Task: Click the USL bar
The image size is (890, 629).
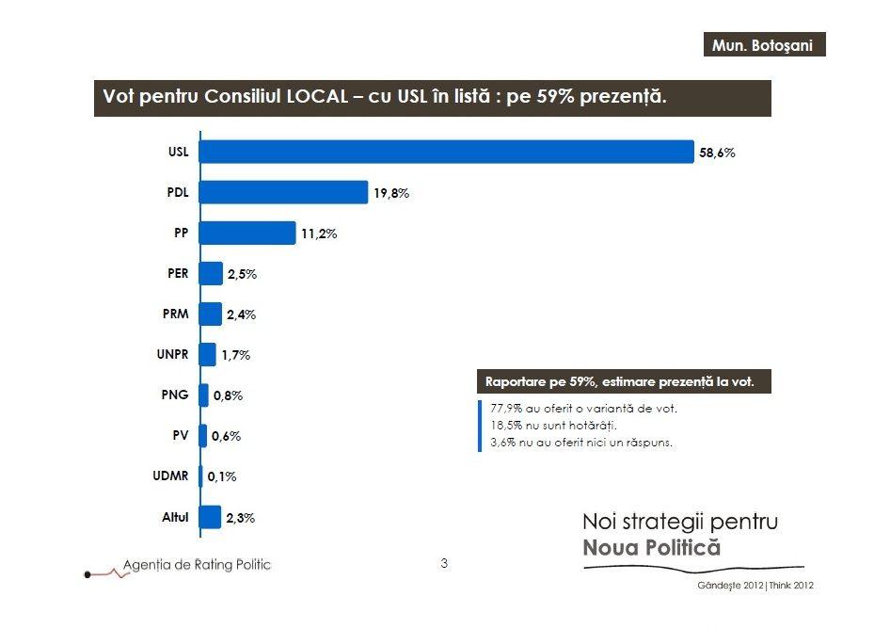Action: click(447, 152)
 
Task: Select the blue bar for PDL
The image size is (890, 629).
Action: click(283, 192)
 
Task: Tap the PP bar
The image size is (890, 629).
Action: click(247, 234)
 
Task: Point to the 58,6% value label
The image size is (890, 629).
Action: click(717, 153)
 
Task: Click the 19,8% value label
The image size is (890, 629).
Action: click(391, 193)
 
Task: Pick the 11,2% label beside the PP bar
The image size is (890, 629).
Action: click(319, 234)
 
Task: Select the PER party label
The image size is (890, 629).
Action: click(177, 274)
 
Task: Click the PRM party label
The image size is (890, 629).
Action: click(176, 314)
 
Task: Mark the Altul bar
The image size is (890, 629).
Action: click(210, 517)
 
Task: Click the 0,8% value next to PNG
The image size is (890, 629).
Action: click(228, 396)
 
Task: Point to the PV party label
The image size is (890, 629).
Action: click(180, 436)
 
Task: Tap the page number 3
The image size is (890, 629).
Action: click(444, 563)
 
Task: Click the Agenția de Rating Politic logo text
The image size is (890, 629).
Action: click(197, 564)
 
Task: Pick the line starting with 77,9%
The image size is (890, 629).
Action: click(583, 409)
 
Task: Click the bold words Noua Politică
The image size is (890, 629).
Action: click(651, 547)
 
